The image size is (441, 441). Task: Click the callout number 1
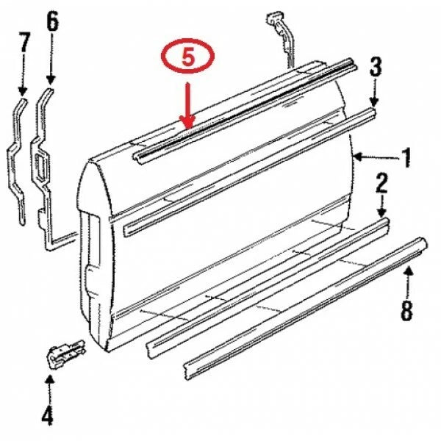[405, 157]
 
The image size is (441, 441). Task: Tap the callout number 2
[382, 184]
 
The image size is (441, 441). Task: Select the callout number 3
[375, 69]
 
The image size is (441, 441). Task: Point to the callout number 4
[47, 416]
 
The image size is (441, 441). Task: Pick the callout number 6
[52, 23]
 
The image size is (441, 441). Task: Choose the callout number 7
[24, 42]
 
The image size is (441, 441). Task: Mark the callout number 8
[406, 312]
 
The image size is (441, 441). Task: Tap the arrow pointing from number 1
[375, 157]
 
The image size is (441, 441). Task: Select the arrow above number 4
[49, 387]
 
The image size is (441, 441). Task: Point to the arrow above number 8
[409, 282]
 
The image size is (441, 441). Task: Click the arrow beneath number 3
[375, 96]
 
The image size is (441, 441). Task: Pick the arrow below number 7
[23, 78]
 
